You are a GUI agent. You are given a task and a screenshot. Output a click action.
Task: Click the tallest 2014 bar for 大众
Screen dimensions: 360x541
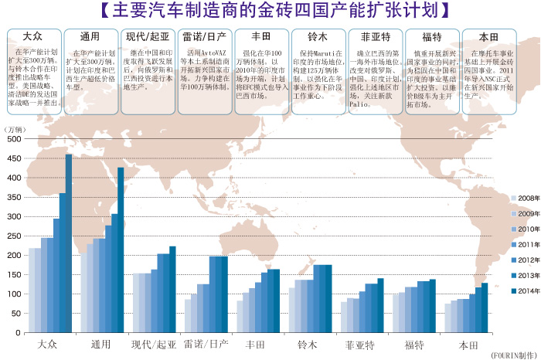pos(69,243)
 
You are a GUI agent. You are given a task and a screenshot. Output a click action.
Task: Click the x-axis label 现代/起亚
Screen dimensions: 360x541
pos(154,342)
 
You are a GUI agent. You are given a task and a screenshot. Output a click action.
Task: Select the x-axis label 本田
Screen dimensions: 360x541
pos(466,342)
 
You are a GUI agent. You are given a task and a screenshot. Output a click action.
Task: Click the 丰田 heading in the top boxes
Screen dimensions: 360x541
pos(259,36)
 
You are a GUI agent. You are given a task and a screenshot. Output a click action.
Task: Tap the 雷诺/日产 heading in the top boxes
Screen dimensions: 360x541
pos(204,36)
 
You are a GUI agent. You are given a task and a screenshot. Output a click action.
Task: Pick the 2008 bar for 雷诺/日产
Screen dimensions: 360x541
pos(188,316)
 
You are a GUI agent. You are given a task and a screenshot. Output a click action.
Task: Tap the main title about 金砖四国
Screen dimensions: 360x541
pos(270,11)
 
